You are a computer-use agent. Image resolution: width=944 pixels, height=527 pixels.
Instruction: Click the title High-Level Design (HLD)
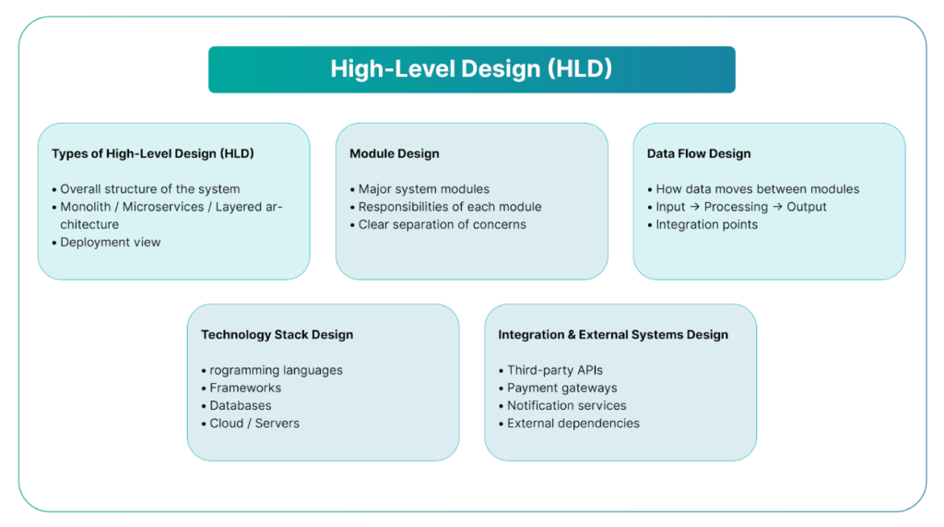471,69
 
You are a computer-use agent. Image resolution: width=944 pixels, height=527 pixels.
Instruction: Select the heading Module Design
395,154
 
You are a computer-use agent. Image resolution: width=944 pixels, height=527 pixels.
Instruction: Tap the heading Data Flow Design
699,154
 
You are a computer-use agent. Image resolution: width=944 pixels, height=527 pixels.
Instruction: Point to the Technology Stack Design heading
277,335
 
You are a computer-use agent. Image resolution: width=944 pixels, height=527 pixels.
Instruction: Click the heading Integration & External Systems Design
613,335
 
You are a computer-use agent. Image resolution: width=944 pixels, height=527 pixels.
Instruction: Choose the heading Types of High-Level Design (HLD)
153,154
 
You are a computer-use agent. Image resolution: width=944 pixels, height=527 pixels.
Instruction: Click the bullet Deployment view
110,243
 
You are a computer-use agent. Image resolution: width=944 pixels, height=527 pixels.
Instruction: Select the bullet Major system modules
423,189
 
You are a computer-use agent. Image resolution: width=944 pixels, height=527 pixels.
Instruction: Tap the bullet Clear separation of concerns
442,224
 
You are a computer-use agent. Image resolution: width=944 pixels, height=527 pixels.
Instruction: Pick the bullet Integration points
706,224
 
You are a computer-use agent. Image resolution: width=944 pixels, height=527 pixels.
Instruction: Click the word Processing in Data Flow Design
735,207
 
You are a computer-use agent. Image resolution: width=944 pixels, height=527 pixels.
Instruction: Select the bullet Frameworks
244,388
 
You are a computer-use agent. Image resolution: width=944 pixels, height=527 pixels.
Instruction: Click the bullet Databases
240,405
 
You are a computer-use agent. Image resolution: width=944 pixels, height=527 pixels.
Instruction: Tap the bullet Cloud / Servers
254,424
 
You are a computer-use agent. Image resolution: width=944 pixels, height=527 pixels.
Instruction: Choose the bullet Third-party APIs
554,370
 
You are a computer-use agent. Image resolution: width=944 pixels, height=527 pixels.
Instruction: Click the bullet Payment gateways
561,388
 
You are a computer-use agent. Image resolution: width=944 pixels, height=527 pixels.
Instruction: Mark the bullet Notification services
566,405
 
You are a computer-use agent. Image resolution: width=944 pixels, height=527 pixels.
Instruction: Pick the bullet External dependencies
572,424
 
